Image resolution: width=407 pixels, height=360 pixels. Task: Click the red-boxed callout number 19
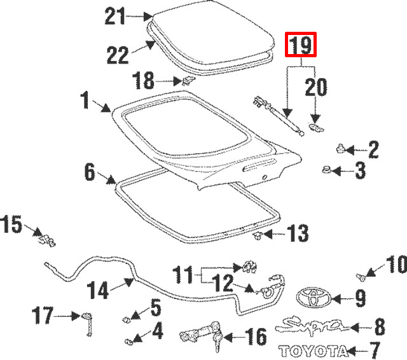(301, 45)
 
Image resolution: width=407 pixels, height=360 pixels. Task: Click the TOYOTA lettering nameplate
(314, 350)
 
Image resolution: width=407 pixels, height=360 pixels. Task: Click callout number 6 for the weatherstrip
(90, 170)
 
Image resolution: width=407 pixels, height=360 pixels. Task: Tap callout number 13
(297, 233)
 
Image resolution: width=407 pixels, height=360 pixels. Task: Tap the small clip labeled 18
(186, 80)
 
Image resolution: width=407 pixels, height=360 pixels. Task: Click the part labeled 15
(46, 239)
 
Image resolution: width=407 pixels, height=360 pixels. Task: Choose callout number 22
(118, 56)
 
